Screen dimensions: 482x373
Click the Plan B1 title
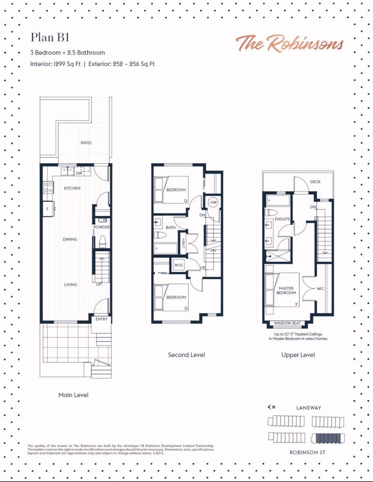click(50, 38)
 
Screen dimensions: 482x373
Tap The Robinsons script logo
click(289, 43)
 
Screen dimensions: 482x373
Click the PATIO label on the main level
click(86, 143)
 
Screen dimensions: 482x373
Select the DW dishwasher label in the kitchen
click(79, 173)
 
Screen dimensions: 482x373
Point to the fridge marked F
click(48, 209)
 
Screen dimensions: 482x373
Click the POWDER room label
click(101, 227)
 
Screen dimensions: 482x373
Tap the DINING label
click(70, 239)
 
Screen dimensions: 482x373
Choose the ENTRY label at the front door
click(101, 319)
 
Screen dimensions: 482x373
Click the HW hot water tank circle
click(214, 202)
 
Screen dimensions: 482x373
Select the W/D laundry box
click(178, 265)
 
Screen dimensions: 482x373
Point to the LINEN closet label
click(184, 244)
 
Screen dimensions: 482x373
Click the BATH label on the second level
click(171, 227)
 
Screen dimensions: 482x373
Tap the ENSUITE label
click(282, 219)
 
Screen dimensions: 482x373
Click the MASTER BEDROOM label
click(286, 290)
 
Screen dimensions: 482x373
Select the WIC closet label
click(320, 289)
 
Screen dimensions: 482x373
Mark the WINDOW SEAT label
click(287, 323)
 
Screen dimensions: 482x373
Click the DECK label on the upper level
click(315, 182)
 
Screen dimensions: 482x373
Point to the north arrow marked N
click(271, 407)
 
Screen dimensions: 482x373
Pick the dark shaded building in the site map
click(328, 438)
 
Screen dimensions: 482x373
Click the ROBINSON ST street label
click(307, 452)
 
